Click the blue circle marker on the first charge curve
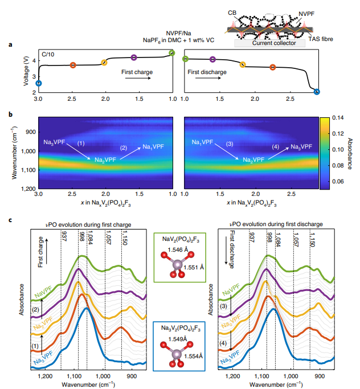pyautogui.click(x=39, y=83)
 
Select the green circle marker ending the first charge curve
pyautogui.click(x=172, y=53)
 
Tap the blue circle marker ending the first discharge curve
pyautogui.click(x=317, y=92)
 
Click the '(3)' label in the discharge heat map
pyautogui.click(x=230, y=144)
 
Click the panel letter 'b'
pyautogui.click(x=11, y=113)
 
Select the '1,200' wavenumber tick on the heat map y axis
pyautogui.click(x=27, y=188)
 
